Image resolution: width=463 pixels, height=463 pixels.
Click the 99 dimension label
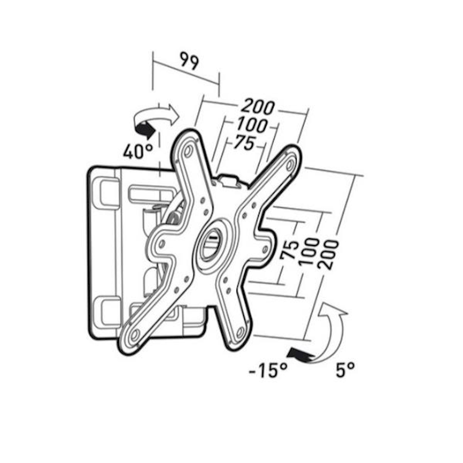(x=189, y=61)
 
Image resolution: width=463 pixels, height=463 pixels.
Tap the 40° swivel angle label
(x=138, y=151)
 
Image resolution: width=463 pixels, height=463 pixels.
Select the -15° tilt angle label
(x=268, y=370)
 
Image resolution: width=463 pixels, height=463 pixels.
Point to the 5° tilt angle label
(x=345, y=370)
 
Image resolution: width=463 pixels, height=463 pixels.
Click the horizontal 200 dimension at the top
(x=258, y=107)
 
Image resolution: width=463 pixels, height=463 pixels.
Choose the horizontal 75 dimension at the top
(x=244, y=143)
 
